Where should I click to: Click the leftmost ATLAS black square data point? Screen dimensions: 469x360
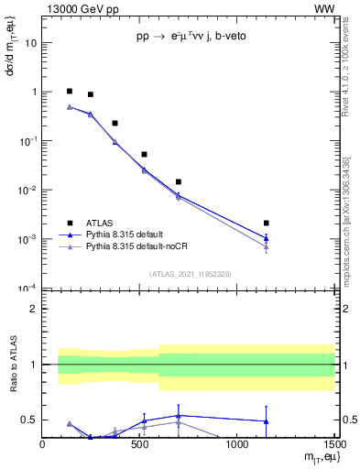(x=70, y=92)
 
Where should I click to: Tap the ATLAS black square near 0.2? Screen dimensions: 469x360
(x=115, y=123)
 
